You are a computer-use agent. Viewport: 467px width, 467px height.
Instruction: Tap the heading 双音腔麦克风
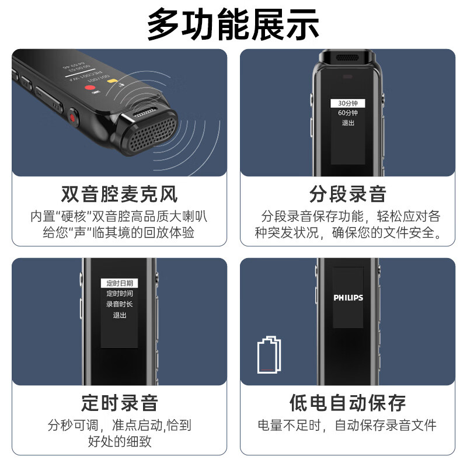click(x=119, y=194)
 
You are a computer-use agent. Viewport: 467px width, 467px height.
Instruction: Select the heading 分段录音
click(x=347, y=194)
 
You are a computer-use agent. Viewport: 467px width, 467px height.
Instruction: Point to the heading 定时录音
click(x=119, y=403)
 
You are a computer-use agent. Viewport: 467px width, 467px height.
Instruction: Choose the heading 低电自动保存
click(x=347, y=403)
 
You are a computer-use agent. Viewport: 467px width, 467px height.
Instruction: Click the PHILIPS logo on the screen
click(x=348, y=298)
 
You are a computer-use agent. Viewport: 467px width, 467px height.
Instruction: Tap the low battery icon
click(x=269, y=354)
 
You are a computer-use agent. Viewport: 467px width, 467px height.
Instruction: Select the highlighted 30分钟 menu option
click(x=347, y=103)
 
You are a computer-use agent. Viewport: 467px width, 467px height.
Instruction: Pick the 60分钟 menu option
click(x=347, y=113)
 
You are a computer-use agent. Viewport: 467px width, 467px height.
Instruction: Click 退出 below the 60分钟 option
click(x=348, y=123)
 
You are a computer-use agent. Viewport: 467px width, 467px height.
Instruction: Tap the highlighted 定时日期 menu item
click(x=119, y=283)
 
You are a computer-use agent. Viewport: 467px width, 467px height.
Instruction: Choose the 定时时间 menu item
click(x=119, y=294)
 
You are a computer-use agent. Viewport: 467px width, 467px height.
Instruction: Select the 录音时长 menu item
click(x=119, y=304)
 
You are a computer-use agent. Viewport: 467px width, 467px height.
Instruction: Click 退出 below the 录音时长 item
click(x=119, y=315)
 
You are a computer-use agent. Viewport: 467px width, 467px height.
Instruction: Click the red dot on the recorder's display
click(x=90, y=89)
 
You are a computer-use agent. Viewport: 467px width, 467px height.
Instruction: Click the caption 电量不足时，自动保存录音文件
click(x=347, y=425)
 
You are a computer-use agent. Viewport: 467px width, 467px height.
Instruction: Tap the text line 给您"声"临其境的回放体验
click(x=119, y=232)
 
